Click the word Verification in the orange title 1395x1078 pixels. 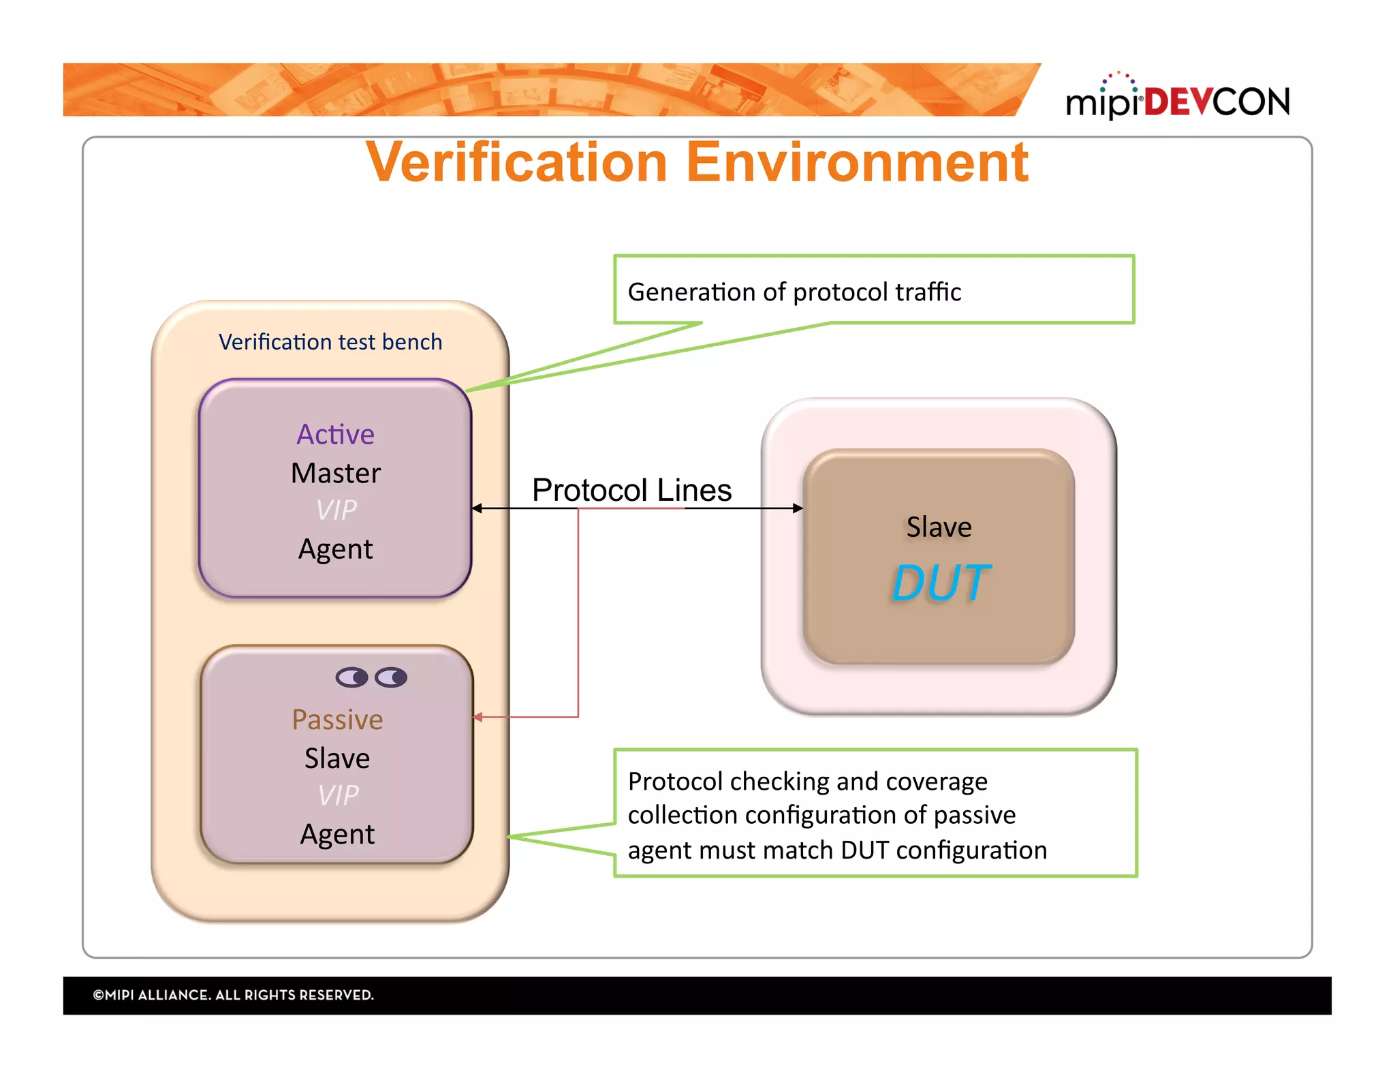click(x=516, y=164)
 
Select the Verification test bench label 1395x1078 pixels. click(x=330, y=341)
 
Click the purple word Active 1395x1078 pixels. click(x=335, y=434)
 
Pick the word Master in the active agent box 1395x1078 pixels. click(x=335, y=473)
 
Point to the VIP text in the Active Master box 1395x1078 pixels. click(x=336, y=510)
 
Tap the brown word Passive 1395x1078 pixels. click(x=337, y=720)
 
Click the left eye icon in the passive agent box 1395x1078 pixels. click(x=351, y=677)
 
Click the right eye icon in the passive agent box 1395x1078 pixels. click(x=391, y=677)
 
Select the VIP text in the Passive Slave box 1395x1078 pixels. click(x=338, y=795)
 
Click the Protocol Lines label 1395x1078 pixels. click(x=631, y=490)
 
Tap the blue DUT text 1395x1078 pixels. click(x=941, y=583)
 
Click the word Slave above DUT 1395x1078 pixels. click(x=939, y=527)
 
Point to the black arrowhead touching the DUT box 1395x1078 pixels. click(x=798, y=508)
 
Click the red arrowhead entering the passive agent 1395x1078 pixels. click(x=478, y=717)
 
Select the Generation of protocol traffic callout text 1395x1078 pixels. click(x=794, y=292)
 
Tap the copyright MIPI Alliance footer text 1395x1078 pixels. click(x=234, y=995)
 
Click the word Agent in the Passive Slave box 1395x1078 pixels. click(x=337, y=834)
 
